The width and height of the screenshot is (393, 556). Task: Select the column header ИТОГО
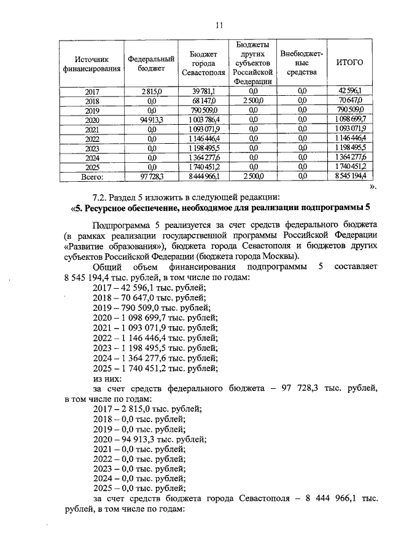[351, 63]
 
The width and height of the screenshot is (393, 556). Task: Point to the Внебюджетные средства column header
[302, 63]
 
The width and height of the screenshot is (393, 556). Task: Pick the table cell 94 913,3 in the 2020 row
[150, 119]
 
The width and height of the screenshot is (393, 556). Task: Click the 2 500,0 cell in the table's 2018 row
[253, 100]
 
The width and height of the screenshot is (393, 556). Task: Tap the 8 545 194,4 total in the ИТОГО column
[351, 176]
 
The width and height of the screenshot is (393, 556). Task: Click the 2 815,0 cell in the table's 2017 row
[150, 91]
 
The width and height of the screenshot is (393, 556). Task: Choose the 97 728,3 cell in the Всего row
[150, 176]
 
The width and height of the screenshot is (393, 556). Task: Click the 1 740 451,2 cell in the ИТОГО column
[351, 166]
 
